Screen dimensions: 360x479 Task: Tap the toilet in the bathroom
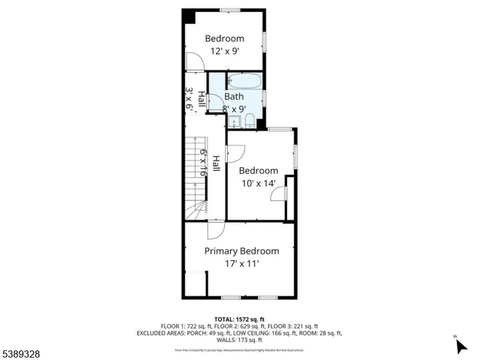coord(251,121)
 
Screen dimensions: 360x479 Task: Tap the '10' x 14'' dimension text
coord(258,183)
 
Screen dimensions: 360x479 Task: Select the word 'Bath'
coord(234,97)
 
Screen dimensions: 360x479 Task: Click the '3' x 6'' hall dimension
coord(190,99)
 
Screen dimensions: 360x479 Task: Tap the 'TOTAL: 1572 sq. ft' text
coord(239,319)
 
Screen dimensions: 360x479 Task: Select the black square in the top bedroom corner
coord(190,16)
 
